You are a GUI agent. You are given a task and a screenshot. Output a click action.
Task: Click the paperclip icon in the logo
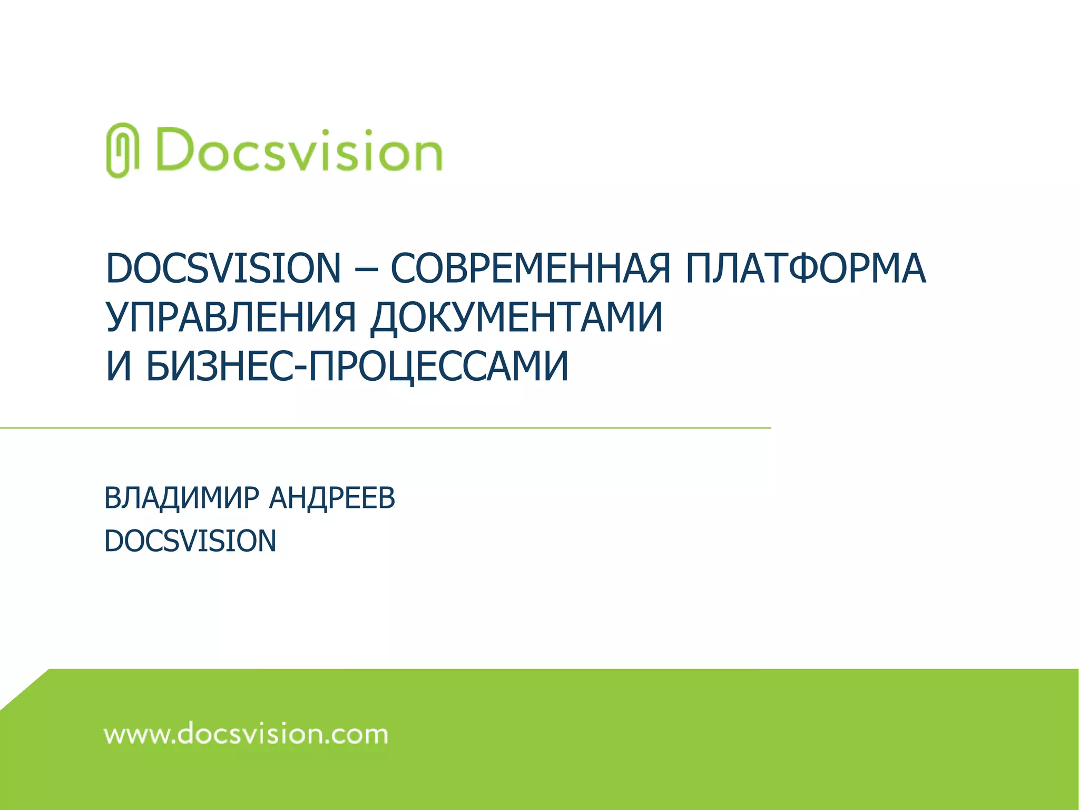point(122,150)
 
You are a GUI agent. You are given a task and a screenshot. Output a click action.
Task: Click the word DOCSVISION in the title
point(223,268)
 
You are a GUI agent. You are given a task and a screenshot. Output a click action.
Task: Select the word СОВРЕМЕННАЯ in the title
point(530,268)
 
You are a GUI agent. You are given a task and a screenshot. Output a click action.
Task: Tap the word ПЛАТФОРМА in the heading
point(806,268)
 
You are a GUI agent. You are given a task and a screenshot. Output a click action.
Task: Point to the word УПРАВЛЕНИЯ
point(231,317)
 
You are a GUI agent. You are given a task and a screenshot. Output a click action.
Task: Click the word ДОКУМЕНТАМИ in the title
point(516,317)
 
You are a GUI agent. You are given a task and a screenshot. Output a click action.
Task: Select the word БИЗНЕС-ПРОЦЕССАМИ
point(357,366)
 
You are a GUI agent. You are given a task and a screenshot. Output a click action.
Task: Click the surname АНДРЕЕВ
point(332,498)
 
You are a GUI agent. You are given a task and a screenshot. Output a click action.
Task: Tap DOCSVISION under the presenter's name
point(190,541)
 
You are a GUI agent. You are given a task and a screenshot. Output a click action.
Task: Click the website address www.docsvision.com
point(246,735)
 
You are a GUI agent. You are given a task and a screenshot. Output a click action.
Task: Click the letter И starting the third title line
point(119,366)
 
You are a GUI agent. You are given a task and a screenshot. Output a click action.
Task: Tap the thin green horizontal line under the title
point(385,428)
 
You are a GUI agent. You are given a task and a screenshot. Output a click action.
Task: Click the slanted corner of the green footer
point(24,690)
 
